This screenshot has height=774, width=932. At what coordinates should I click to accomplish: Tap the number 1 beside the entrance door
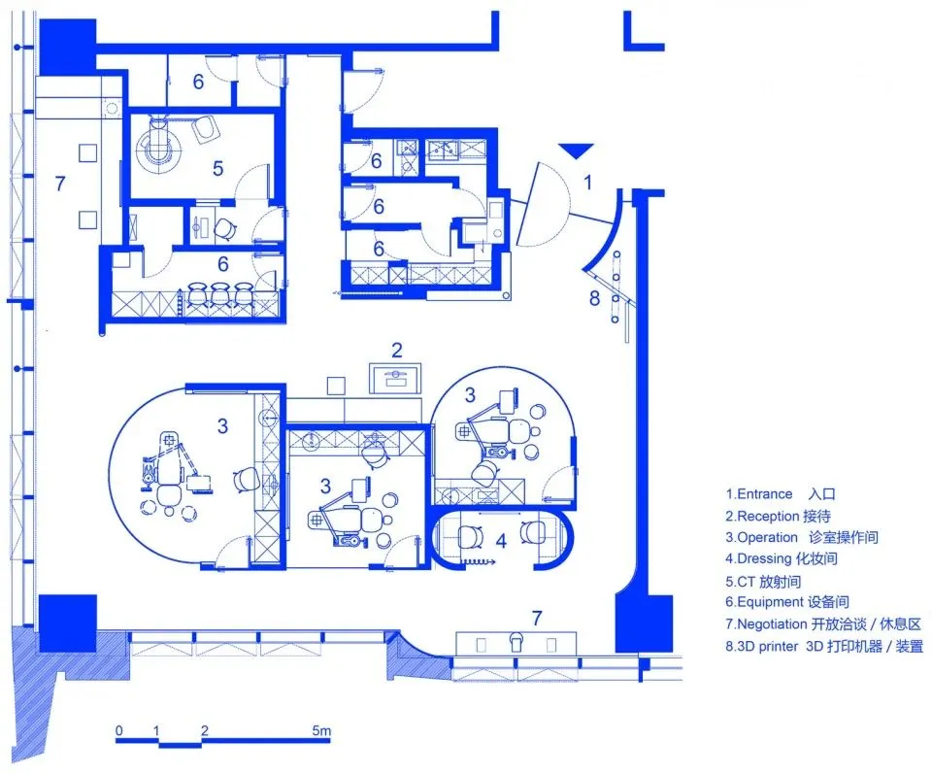586,181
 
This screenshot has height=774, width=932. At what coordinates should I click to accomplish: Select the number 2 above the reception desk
396,350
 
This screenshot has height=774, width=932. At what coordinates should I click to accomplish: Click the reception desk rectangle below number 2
395,377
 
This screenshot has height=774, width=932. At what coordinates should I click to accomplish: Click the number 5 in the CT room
217,168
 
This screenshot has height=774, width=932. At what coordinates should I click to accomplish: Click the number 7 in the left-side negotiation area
60,183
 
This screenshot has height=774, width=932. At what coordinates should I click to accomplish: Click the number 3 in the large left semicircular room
222,425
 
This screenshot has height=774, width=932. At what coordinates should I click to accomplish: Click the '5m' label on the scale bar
321,730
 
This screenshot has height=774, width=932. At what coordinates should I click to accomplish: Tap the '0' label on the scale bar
118,730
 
